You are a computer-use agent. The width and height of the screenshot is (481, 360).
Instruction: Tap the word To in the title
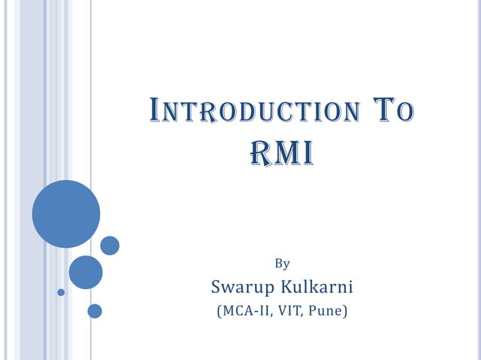click(395, 113)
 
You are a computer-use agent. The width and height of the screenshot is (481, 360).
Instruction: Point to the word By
click(282, 264)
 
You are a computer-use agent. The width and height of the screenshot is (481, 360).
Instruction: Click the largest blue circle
click(66, 213)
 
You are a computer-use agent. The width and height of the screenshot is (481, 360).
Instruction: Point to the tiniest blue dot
click(61, 292)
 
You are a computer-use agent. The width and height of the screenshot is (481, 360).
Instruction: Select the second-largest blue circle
click(85, 272)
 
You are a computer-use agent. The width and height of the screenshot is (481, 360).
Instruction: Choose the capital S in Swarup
click(216, 287)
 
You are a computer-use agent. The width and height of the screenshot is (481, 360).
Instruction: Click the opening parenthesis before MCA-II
click(219, 310)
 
